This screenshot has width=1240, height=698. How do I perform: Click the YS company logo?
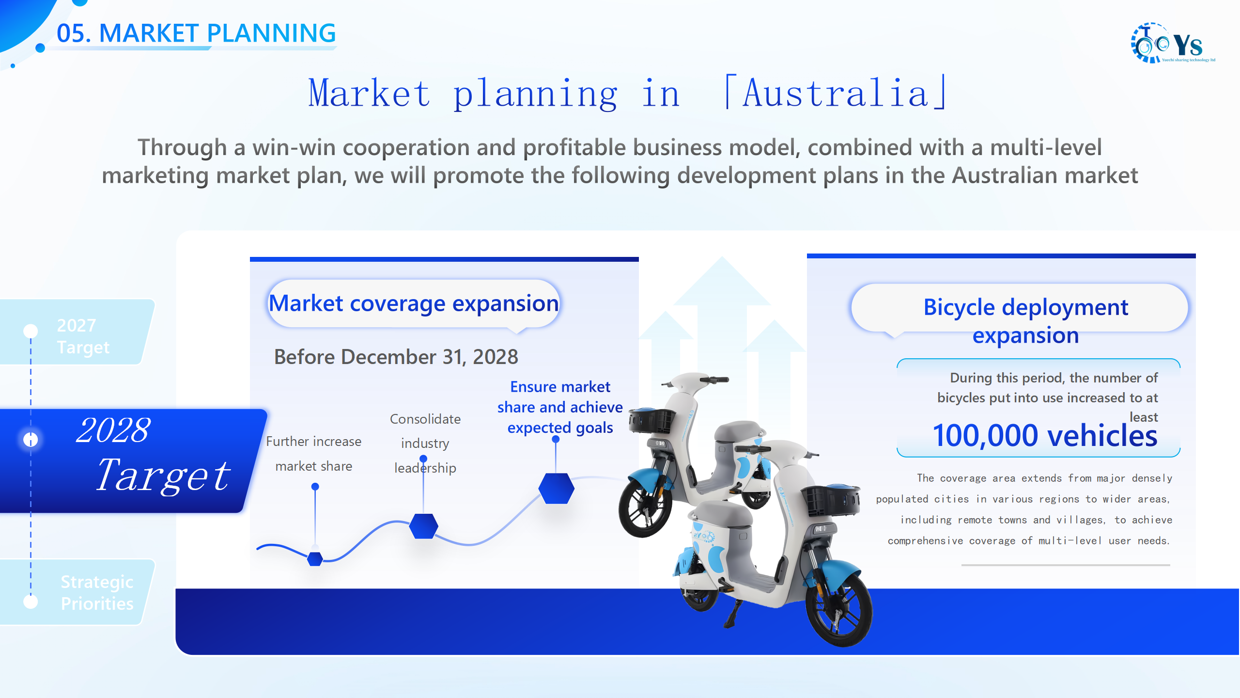pyautogui.click(x=1172, y=43)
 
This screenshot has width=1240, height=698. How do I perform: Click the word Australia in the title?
pyautogui.click(x=836, y=93)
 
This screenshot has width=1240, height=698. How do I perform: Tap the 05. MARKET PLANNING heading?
pyautogui.click(x=196, y=33)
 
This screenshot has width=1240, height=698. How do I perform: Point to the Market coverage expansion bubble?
pyautogui.click(x=414, y=304)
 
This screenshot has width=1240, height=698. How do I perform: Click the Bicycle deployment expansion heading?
pyautogui.click(x=1025, y=320)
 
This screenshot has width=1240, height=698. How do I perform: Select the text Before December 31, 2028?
pyautogui.click(x=396, y=357)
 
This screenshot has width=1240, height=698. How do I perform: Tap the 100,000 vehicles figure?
pyautogui.click(x=1045, y=435)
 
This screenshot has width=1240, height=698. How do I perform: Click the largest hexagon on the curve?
pyautogui.click(x=556, y=488)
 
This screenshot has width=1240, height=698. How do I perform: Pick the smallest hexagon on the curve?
pyautogui.click(x=315, y=559)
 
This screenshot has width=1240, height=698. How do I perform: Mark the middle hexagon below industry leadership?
pyautogui.click(x=423, y=526)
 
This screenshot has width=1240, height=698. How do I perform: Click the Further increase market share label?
pyautogui.click(x=314, y=454)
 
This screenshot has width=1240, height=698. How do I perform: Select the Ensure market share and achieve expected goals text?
pyautogui.click(x=560, y=407)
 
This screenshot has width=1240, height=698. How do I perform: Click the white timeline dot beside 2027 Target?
pyautogui.click(x=31, y=331)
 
